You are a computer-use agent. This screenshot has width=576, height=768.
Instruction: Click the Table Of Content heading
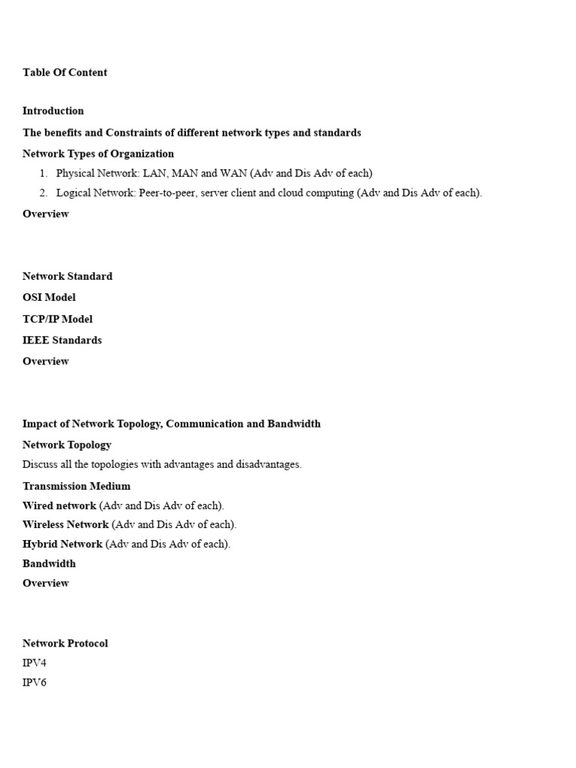click(x=64, y=73)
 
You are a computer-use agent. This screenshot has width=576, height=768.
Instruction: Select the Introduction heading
click(x=53, y=111)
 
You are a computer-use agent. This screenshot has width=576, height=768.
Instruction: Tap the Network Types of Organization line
click(x=98, y=154)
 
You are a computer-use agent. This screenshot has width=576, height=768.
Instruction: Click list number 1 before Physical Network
click(x=43, y=173)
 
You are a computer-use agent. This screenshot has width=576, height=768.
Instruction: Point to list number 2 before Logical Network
click(x=43, y=193)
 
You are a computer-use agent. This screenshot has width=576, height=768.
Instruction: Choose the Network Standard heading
click(x=67, y=276)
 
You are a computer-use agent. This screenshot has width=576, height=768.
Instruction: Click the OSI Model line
click(x=49, y=298)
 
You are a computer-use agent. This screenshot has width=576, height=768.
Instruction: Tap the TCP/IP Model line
click(x=58, y=319)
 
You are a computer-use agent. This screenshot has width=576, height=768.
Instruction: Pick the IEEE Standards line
click(x=62, y=340)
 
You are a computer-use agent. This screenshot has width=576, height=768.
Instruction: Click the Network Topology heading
click(x=67, y=445)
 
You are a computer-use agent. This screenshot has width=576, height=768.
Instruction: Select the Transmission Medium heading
click(x=76, y=486)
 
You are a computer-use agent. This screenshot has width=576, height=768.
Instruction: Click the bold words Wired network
click(x=59, y=505)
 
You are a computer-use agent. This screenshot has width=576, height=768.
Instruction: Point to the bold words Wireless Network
click(x=65, y=524)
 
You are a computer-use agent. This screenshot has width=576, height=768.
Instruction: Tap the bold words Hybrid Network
click(x=62, y=544)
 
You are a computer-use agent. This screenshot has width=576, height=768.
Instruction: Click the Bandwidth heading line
click(x=49, y=563)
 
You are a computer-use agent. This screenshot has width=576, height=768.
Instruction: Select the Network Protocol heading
click(x=65, y=643)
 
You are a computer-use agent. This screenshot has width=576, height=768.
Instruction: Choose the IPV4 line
click(x=34, y=663)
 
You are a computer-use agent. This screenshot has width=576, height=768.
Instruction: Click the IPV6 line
click(x=34, y=682)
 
